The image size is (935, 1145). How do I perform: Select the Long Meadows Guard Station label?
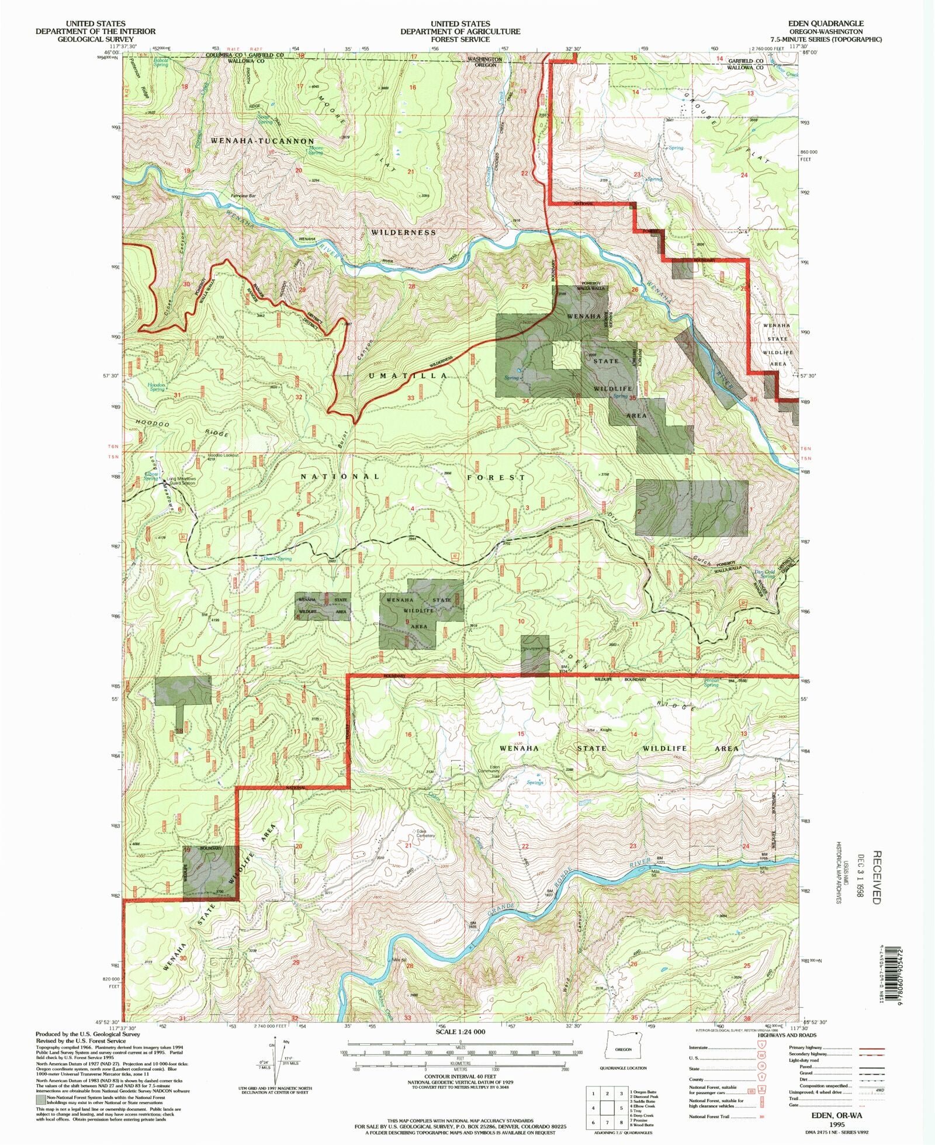[181, 481]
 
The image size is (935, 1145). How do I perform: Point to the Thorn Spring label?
[277, 559]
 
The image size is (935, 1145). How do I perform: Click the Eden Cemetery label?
[425, 834]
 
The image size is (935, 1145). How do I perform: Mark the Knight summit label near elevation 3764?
[605, 730]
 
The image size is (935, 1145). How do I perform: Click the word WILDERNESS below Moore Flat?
[404, 232]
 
